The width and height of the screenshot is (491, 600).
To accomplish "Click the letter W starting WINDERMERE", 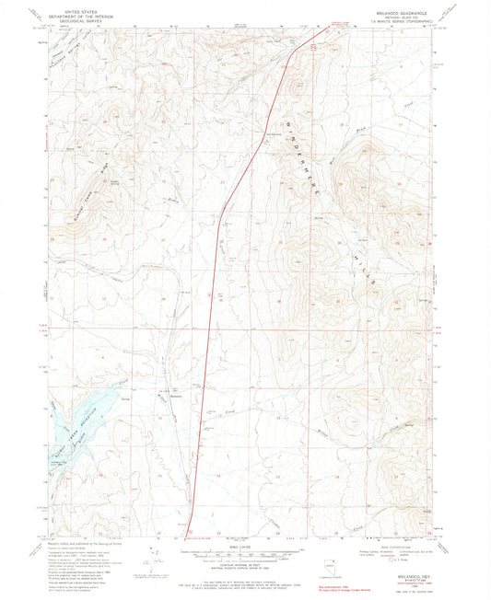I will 300,117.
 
